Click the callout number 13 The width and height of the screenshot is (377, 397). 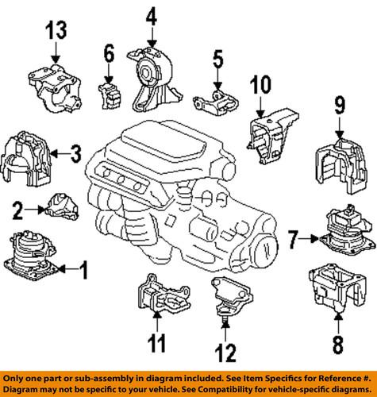[x=56, y=31]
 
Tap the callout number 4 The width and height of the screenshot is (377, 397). [x=152, y=16]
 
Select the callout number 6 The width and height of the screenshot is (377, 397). [x=109, y=53]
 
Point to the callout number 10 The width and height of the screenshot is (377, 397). [x=260, y=84]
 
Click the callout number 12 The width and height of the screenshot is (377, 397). [x=225, y=353]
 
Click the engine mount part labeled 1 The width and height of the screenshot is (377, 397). [x=31, y=256]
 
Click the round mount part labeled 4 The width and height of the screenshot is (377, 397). [x=154, y=80]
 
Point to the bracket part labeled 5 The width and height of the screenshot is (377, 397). [x=216, y=103]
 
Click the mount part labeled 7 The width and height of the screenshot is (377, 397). [x=347, y=230]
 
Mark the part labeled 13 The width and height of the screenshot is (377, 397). [x=55, y=88]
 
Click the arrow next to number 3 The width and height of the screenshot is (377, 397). [x=60, y=153]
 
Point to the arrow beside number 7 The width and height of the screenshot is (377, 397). [x=309, y=239]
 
